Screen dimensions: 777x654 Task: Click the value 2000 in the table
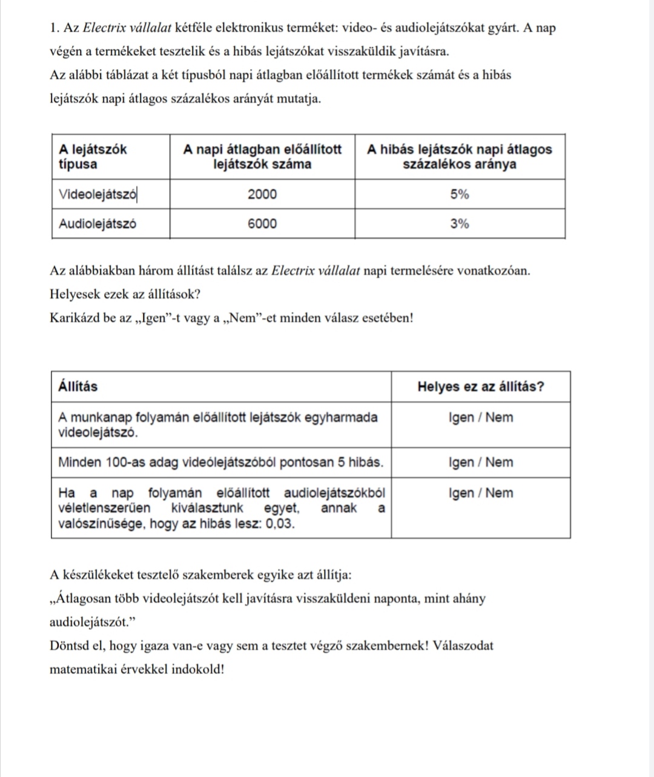point(262,194)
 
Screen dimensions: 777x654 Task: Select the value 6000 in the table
point(262,224)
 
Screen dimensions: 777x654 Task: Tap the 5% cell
point(460,194)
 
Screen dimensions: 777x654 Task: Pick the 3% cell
point(460,224)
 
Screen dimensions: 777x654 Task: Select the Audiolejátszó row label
point(97,224)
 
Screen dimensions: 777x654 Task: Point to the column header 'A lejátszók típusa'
point(93,157)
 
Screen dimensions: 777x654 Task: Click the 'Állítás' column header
point(78,387)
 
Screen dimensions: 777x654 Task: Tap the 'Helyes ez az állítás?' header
point(481,387)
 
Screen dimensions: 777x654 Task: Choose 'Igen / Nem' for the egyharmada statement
point(481,418)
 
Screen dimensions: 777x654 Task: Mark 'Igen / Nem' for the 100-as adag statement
point(481,463)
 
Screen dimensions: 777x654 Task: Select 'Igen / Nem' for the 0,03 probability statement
point(481,493)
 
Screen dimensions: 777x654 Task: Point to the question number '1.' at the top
point(55,28)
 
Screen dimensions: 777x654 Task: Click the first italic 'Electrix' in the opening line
point(103,28)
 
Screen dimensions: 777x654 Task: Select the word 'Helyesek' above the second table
point(74,294)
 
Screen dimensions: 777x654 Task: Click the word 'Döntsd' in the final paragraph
point(70,646)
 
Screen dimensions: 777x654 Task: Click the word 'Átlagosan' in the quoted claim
point(83,599)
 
